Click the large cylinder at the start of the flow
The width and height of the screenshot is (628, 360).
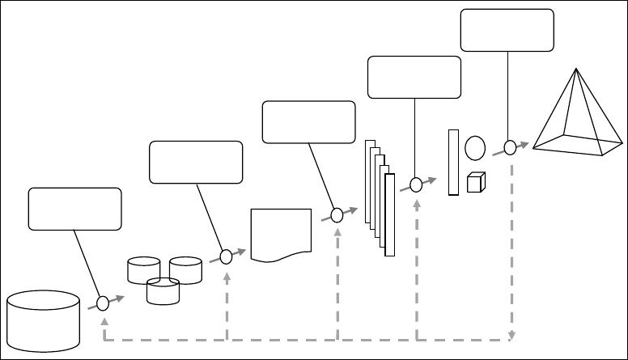[43, 322]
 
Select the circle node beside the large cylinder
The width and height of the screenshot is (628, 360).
[103, 303]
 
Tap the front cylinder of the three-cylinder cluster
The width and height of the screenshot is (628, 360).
[163, 291]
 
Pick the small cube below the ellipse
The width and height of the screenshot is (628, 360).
[475, 183]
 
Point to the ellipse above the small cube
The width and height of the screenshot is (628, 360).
[475, 148]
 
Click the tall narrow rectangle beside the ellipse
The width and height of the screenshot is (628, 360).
[453, 162]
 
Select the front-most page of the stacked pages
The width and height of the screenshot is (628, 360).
[390, 214]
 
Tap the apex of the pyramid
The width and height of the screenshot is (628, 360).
[575, 70]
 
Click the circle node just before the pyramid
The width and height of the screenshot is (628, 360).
[510, 147]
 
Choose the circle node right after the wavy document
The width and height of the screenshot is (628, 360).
[337, 215]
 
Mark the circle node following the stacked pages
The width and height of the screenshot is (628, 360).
[416, 184]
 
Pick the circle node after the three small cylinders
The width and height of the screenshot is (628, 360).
[226, 257]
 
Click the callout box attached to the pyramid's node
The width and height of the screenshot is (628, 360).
[507, 30]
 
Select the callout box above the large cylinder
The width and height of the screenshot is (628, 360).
[74, 209]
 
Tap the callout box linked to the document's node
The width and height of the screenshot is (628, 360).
[309, 122]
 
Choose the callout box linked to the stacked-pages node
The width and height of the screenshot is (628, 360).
[414, 77]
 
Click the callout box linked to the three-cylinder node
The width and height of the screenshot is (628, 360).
[196, 162]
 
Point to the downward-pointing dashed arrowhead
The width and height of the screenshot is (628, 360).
[511, 336]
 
